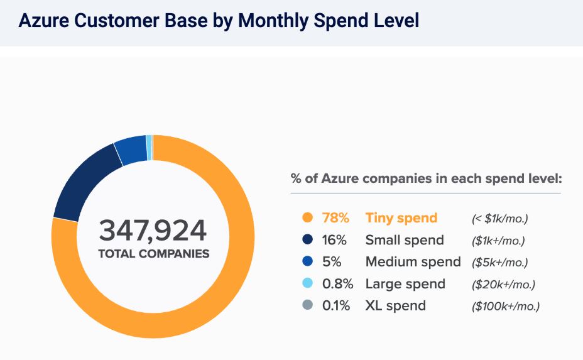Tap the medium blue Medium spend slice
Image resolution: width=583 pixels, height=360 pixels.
pyautogui.click(x=132, y=150)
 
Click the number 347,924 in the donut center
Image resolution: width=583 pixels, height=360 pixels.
pyautogui.click(x=153, y=231)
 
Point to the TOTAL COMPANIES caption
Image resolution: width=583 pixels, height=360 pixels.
pyautogui.click(x=153, y=254)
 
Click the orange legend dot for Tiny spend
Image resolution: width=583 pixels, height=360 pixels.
pyautogui.click(x=307, y=218)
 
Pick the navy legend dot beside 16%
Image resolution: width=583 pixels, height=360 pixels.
pyautogui.click(x=307, y=240)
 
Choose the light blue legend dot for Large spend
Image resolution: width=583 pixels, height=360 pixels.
pyautogui.click(x=307, y=283)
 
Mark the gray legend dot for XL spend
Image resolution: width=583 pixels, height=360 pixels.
pyautogui.click(x=307, y=305)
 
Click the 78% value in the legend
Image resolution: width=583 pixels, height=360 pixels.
pyautogui.click(x=335, y=218)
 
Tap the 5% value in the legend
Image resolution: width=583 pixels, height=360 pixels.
pyautogui.click(x=332, y=261)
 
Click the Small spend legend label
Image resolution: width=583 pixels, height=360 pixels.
pyautogui.click(x=405, y=240)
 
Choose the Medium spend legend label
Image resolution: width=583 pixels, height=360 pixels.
pyautogui.click(x=413, y=261)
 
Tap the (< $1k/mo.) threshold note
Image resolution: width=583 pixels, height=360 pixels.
pyautogui.click(x=500, y=219)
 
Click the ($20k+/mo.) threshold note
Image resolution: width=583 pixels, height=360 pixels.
pyautogui.click(x=503, y=284)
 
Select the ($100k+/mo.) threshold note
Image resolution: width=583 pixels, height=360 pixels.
pyautogui.click(x=506, y=306)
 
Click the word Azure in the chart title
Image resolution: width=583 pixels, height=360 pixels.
pyautogui.click(x=44, y=21)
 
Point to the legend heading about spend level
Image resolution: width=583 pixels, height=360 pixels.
pyautogui.click(x=425, y=178)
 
